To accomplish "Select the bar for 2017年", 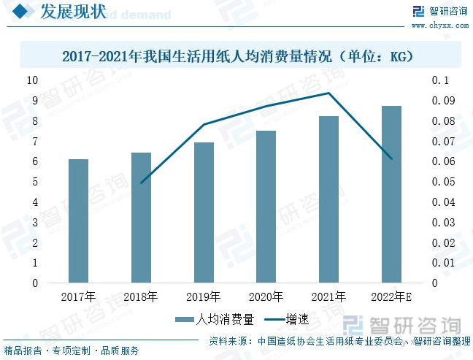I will click(78, 221).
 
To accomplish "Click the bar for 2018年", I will click(141, 218).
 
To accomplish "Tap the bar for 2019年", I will click(204, 212).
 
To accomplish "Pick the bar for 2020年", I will click(266, 207).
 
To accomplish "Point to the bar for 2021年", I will click(328, 199).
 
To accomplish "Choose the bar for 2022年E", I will click(391, 194).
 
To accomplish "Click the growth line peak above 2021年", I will click(328, 93).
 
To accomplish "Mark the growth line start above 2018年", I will click(141, 183).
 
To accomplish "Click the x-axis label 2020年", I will click(266, 296).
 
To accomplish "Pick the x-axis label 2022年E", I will click(394, 296).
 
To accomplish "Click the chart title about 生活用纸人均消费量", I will click(237, 55).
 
